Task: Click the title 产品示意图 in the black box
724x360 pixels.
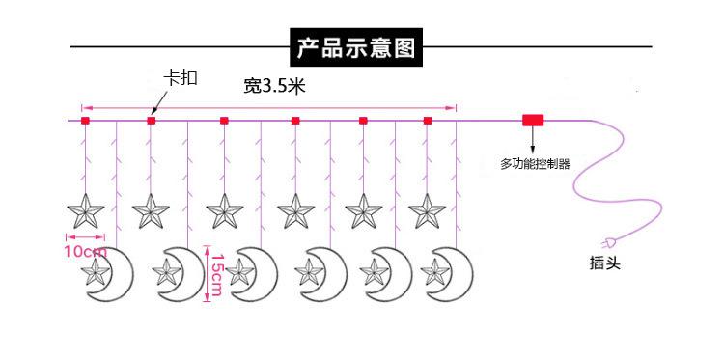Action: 356,47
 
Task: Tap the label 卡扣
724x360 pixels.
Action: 181,78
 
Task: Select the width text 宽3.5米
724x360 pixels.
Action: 275,86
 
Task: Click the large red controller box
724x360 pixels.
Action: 533,120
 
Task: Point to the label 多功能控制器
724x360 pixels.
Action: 535,164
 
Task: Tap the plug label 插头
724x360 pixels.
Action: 605,263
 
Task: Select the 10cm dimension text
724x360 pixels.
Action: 85,252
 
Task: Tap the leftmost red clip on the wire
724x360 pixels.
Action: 85,121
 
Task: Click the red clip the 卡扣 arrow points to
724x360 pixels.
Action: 151,121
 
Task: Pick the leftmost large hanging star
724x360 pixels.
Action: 85,211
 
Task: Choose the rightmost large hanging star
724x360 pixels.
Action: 427,211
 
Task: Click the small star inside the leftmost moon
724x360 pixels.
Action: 96,272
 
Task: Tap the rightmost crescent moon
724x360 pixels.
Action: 456,275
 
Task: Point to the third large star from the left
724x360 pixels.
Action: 224,211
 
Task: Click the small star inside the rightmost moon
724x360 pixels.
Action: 435,272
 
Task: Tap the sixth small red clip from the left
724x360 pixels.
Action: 428,121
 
